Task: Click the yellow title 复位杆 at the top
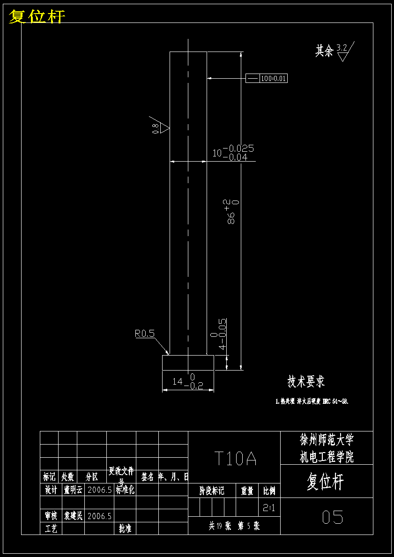[37, 16]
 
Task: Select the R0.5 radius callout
[145, 334]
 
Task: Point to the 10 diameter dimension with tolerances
[233, 153]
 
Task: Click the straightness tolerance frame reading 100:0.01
[267, 78]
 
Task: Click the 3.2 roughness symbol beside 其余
[343, 52]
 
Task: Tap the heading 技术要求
[306, 382]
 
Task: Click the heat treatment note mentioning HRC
[312, 401]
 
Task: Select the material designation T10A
[235, 459]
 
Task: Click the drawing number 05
[333, 517]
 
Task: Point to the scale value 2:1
[269, 507]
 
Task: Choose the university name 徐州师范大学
[327, 440]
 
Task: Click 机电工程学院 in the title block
[327, 457]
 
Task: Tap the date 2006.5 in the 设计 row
[99, 490]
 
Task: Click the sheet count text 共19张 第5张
[234, 526]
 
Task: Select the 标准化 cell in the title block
[125, 490]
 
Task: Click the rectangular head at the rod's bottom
[188, 363]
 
